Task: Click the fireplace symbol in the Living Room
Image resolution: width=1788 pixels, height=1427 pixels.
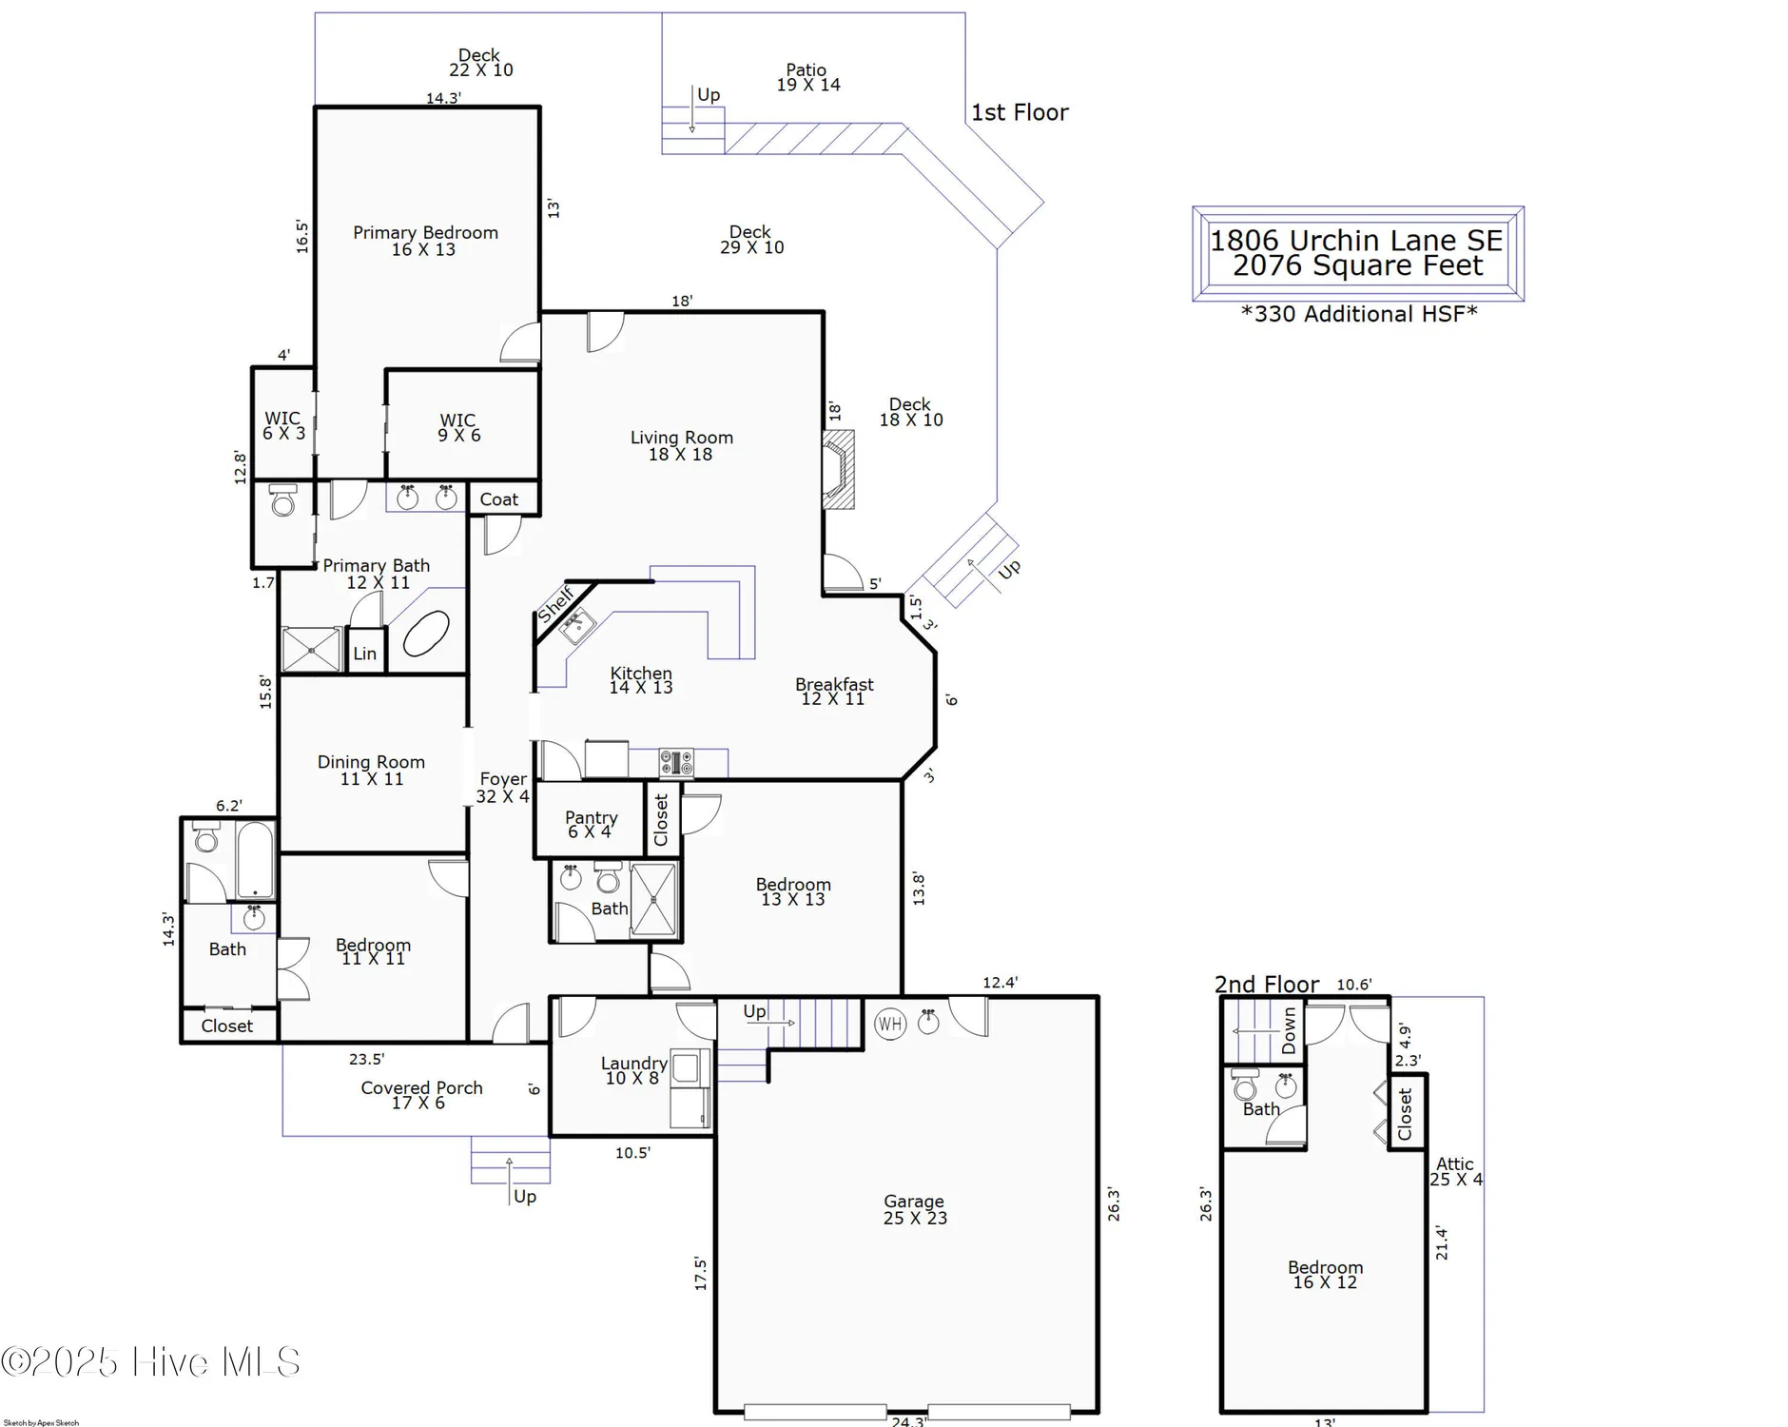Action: (x=838, y=470)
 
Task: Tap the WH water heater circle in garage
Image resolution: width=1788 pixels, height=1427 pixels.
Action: (x=890, y=1025)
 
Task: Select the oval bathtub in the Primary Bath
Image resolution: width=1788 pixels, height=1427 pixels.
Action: (x=426, y=635)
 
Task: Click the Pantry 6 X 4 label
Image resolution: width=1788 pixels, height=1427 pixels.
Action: (x=591, y=824)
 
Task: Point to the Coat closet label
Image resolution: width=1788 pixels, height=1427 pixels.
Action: (x=498, y=499)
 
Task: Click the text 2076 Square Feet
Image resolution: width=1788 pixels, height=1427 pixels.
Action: (x=1357, y=265)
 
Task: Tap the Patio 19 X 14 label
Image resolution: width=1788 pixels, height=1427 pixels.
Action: (x=807, y=77)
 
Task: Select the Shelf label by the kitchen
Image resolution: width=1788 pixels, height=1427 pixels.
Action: (x=555, y=605)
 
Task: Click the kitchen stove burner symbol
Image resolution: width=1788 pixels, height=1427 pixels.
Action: (x=676, y=762)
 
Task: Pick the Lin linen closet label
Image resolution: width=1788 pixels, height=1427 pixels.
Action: (x=365, y=654)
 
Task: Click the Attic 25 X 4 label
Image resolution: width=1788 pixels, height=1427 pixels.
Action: (x=1455, y=1171)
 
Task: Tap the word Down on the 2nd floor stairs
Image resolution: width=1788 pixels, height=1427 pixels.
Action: (x=1290, y=1030)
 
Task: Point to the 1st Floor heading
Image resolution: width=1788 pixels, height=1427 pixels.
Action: (x=1020, y=112)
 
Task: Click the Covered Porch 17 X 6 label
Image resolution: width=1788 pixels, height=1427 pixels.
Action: (x=421, y=1095)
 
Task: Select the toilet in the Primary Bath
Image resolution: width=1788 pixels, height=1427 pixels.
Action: (x=282, y=500)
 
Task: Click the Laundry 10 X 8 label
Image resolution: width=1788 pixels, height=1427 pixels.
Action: (x=632, y=1070)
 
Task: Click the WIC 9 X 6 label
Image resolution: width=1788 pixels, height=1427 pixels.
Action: (x=458, y=427)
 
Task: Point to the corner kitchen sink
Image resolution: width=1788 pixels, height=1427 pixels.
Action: (x=576, y=627)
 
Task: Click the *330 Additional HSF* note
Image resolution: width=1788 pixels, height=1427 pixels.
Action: (x=1359, y=314)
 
